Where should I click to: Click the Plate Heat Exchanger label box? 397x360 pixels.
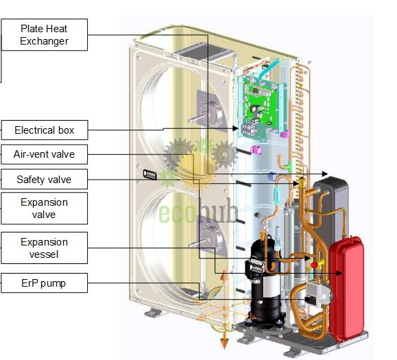[45, 35]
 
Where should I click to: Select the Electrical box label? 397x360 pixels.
[45, 130]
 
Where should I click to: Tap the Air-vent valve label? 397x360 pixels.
[45, 154]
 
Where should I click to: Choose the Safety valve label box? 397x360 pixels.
[45, 179]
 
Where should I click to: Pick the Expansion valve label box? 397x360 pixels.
[45, 208]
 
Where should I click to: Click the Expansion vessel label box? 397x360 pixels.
[45, 248]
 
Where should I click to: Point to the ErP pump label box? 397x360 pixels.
[45, 283]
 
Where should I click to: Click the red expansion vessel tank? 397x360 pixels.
[347, 289]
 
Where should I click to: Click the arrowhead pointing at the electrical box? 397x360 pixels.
[235, 128]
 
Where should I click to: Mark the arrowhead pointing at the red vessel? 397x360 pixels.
[339, 273]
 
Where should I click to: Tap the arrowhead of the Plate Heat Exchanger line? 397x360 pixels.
[325, 174]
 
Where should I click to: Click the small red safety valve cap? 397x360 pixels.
[314, 265]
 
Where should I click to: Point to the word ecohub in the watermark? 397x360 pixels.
[198, 211]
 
